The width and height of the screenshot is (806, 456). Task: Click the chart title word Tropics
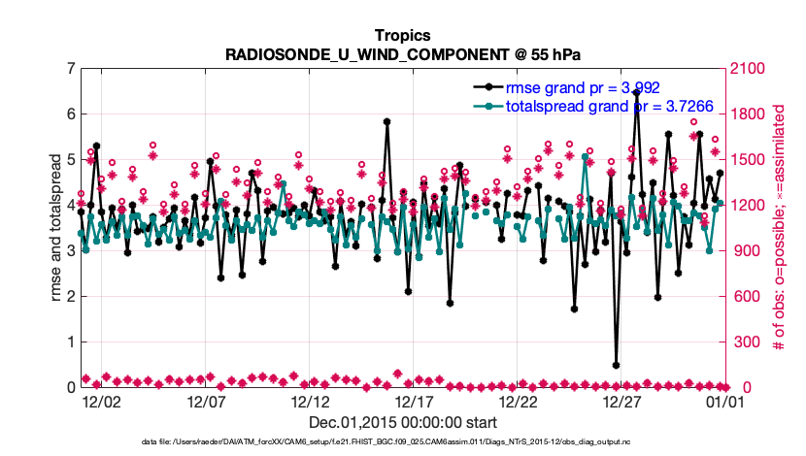(x=403, y=36)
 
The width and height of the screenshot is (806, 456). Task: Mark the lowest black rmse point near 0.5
(x=617, y=366)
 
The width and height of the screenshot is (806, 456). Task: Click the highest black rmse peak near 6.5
(x=636, y=93)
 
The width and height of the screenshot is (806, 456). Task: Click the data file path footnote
(x=403, y=442)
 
